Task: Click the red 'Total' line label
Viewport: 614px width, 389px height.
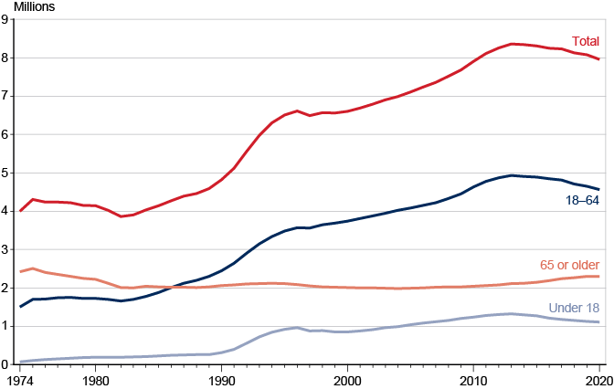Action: (x=586, y=41)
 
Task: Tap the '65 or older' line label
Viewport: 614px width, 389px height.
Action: (x=569, y=265)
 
